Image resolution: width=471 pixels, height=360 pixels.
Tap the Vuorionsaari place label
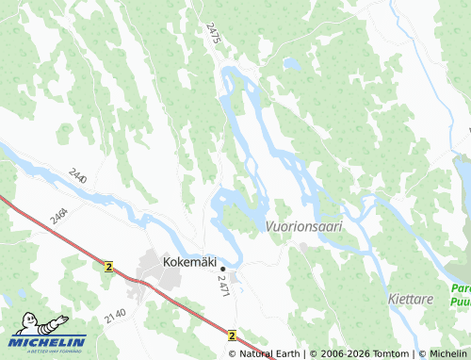(x=303, y=227)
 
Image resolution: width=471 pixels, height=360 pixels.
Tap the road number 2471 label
(x=223, y=286)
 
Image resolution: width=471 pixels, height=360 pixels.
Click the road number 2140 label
(x=115, y=315)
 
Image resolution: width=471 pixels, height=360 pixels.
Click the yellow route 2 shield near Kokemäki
(x=108, y=268)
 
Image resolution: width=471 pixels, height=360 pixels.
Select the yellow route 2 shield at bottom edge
(x=231, y=335)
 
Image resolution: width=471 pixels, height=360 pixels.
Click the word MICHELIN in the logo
(x=49, y=341)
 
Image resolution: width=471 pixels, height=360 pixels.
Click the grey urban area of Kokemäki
(x=151, y=268)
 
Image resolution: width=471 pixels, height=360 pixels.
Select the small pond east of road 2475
(x=292, y=64)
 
